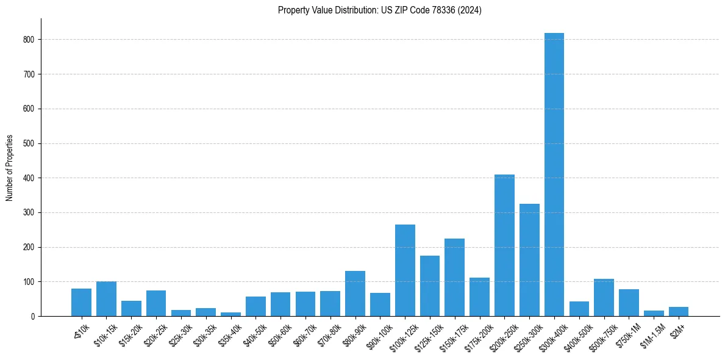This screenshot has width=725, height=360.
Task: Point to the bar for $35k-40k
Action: point(230,314)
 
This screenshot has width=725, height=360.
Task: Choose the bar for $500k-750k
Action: point(604,298)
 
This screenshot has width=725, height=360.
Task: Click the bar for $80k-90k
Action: point(355,293)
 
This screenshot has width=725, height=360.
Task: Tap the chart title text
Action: point(379,10)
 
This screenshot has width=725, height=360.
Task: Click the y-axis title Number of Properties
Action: point(10,167)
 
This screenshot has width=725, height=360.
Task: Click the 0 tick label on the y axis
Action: point(33,317)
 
